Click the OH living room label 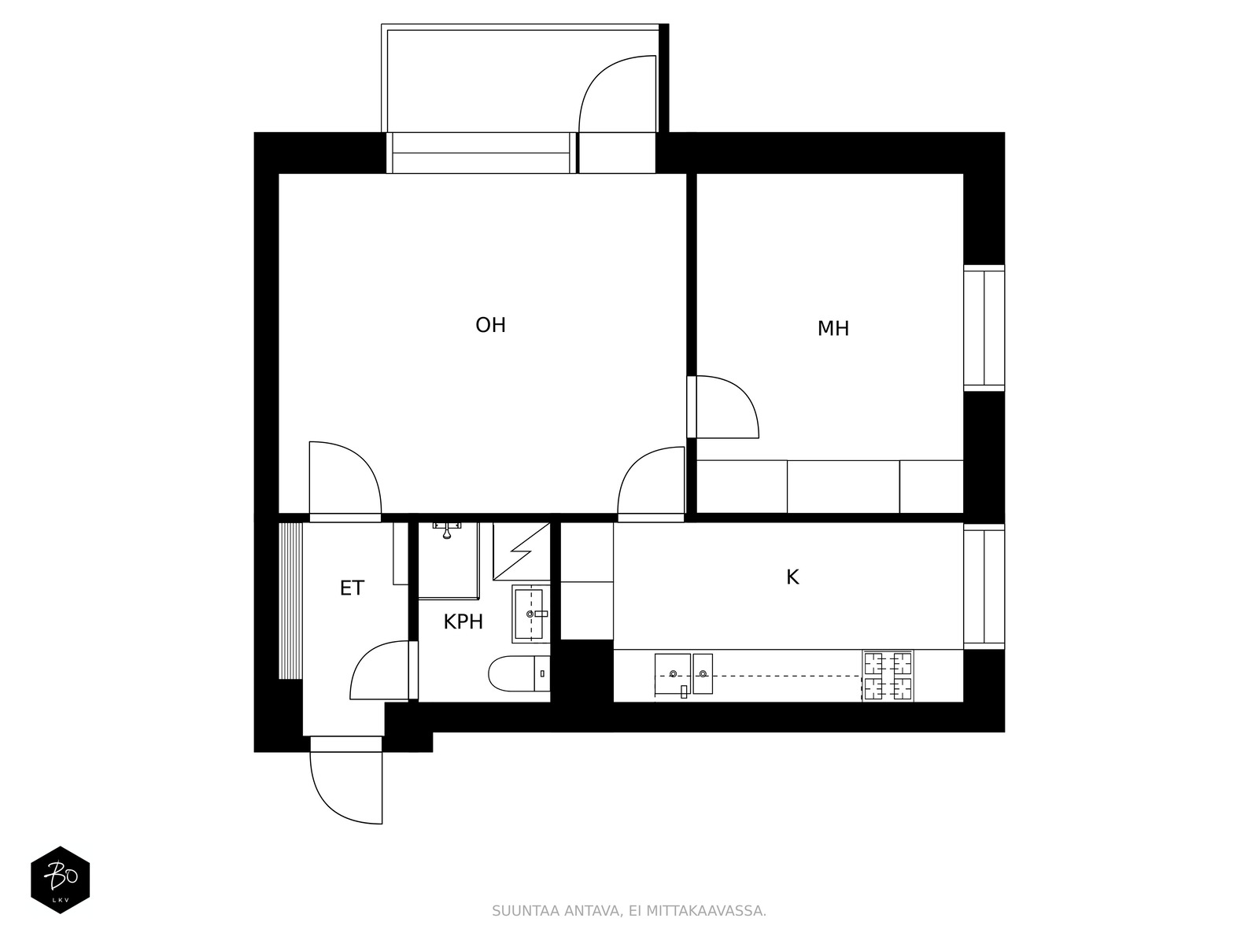(x=490, y=326)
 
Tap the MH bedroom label (x=833, y=329)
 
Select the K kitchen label (x=792, y=577)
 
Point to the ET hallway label (x=352, y=588)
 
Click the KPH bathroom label (x=463, y=622)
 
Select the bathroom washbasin (x=530, y=614)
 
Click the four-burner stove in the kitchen (x=888, y=676)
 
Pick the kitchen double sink (x=684, y=675)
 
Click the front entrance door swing (x=346, y=788)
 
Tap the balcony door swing (x=618, y=94)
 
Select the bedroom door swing (x=727, y=407)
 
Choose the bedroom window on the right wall (x=984, y=328)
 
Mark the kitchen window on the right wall (x=984, y=586)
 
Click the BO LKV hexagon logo (x=61, y=879)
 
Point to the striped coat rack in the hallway (x=290, y=601)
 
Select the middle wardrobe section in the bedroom (x=844, y=487)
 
